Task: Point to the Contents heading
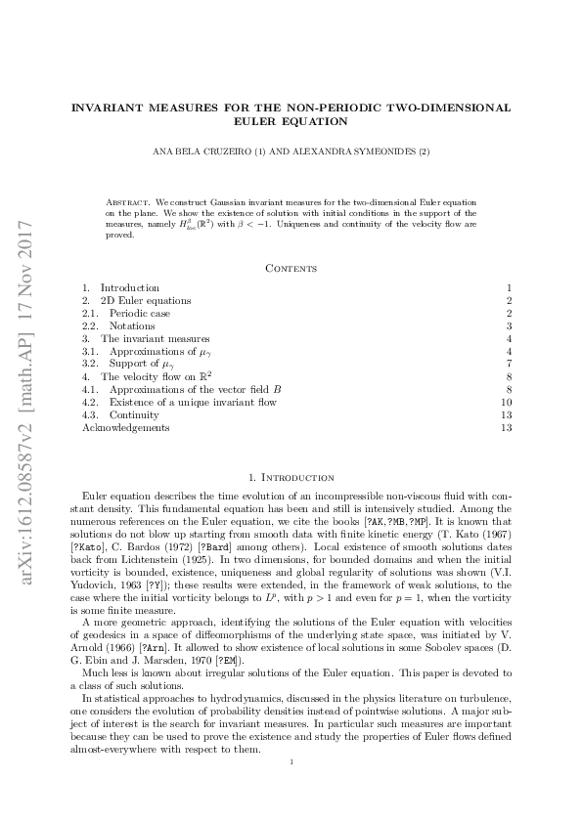(x=291, y=267)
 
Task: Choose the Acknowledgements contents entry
(x=125, y=427)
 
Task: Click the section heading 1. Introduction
(x=291, y=477)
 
